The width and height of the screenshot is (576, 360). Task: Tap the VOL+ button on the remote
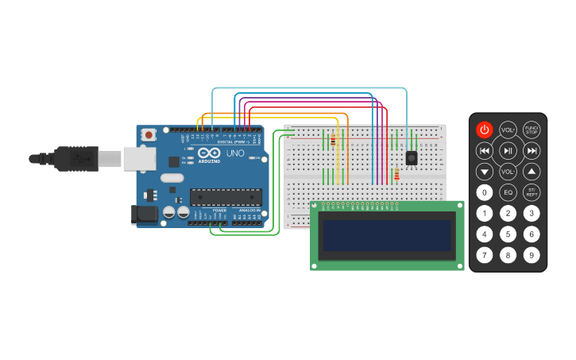tap(508, 129)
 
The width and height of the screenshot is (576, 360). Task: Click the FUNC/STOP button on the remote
tap(532, 129)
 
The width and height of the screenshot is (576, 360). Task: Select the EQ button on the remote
tap(508, 192)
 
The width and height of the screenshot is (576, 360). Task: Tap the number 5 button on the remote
tap(508, 234)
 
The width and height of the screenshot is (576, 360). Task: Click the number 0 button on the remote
tap(484, 192)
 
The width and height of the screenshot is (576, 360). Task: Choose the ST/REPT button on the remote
tap(532, 192)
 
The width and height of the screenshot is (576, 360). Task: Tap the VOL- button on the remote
tap(508, 171)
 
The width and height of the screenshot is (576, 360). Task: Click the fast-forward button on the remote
tap(532, 150)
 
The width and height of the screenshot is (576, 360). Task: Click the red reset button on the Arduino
tap(149, 136)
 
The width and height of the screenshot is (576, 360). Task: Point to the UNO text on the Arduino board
tap(236, 153)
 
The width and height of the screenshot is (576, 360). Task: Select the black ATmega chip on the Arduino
tap(226, 197)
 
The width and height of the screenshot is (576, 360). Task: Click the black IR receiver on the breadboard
tap(412, 157)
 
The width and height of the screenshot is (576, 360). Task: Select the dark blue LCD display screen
tap(386, 235)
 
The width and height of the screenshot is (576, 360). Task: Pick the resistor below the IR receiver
tap(396, 176)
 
